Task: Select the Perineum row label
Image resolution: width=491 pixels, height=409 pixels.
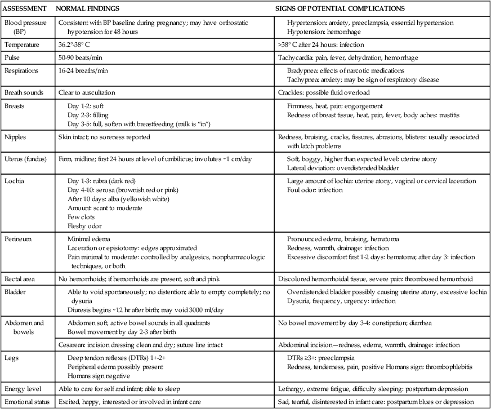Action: (x=19, y=238)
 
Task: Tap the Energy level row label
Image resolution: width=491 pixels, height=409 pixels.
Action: (x=22, y=389)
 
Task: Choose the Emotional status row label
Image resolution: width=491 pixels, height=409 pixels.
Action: (x=26, y=402)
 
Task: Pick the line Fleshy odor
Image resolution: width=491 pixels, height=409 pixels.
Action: (x=83, y=225)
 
